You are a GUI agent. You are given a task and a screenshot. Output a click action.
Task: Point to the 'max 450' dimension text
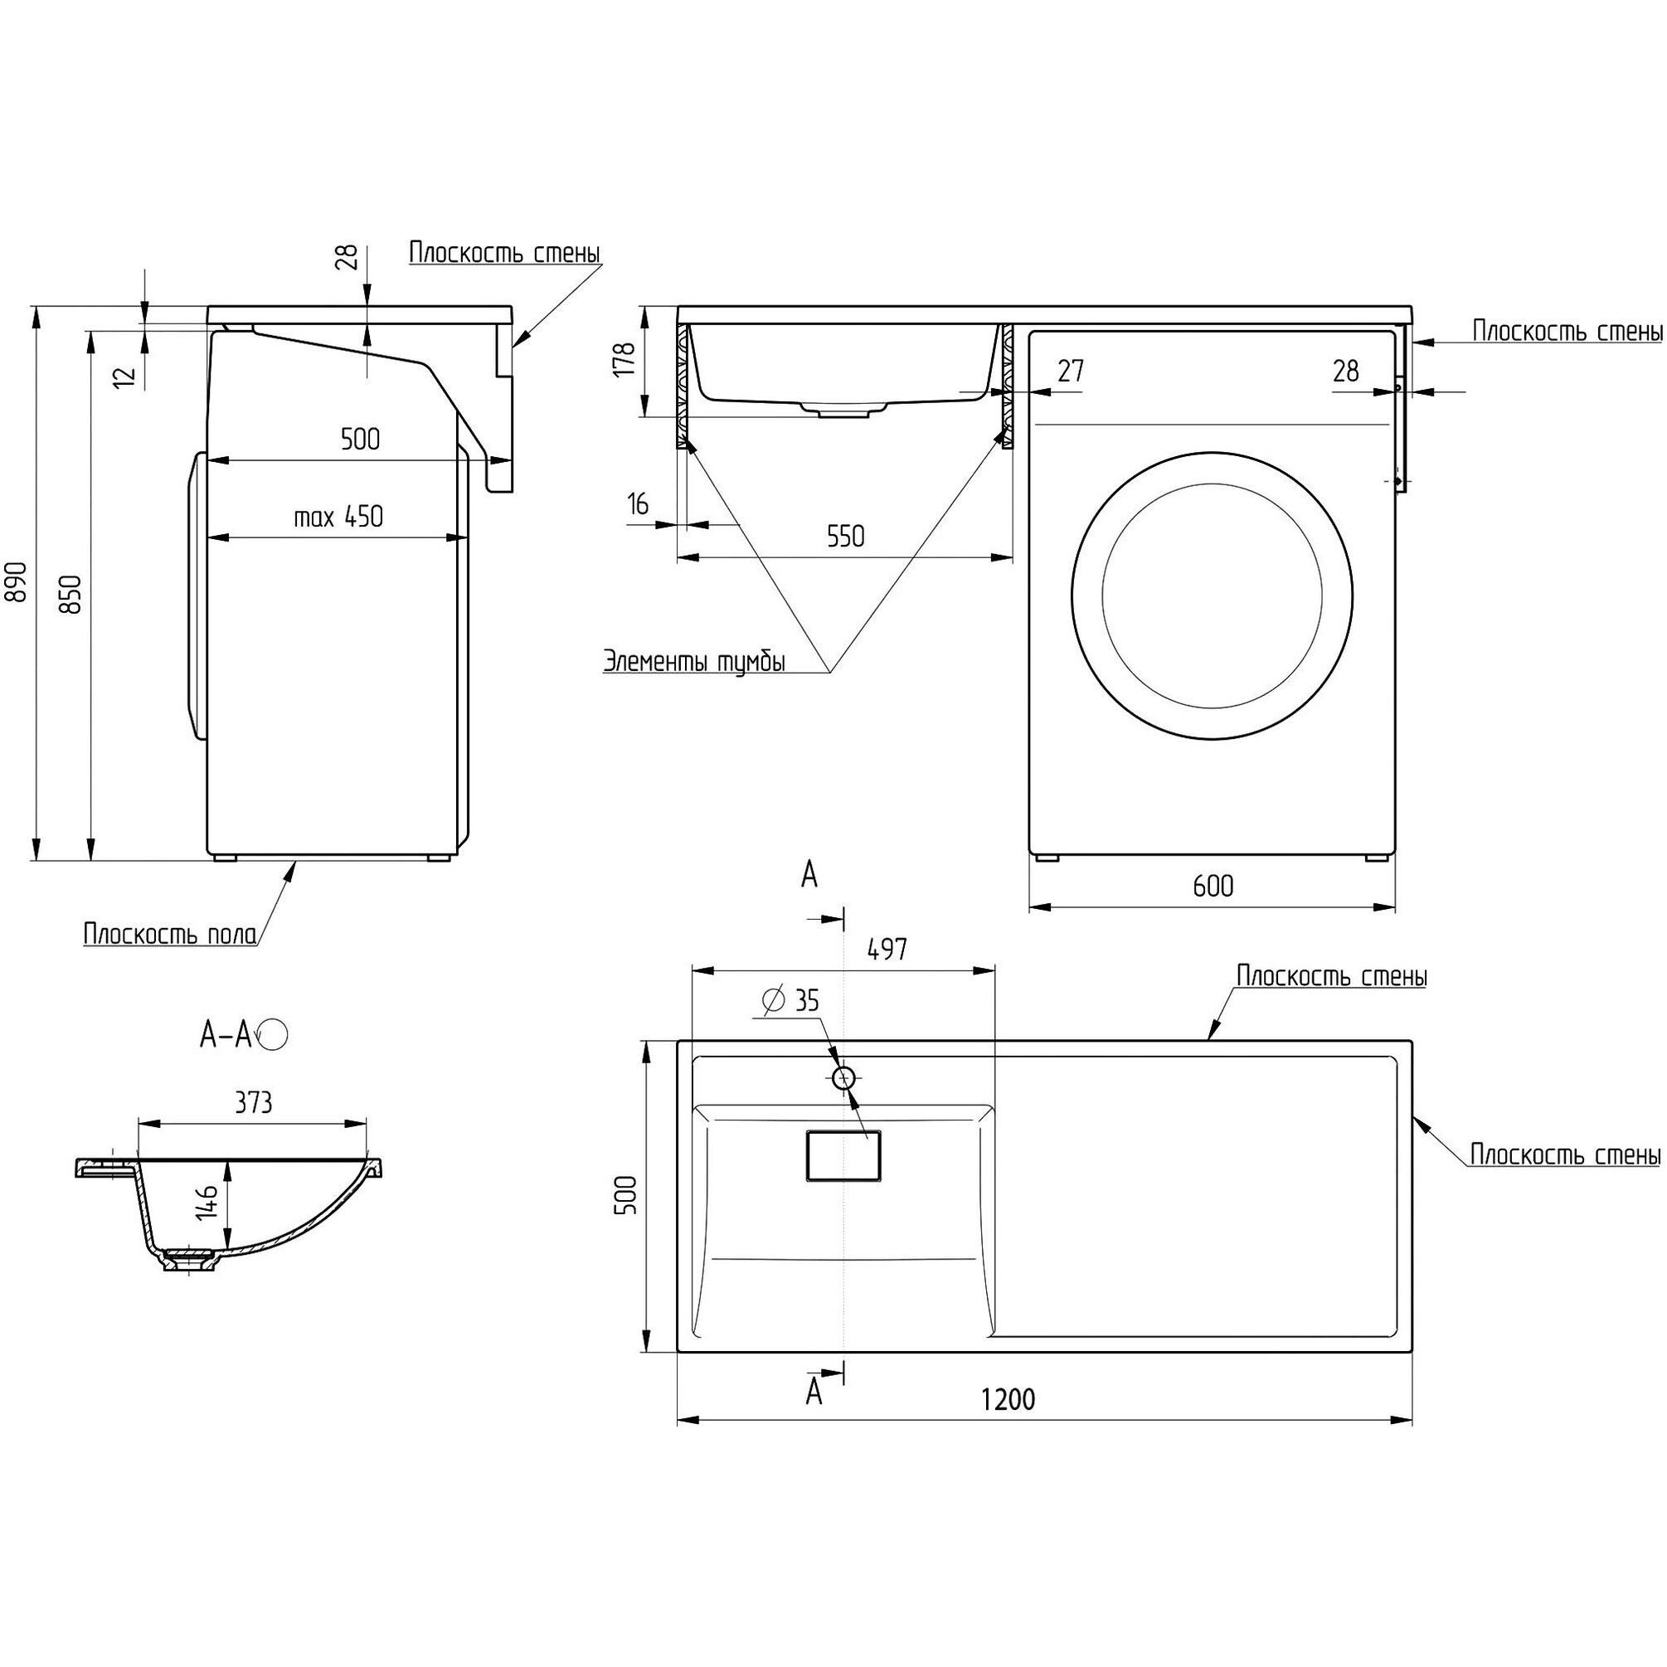338,517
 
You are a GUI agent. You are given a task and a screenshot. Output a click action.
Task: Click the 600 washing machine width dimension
1213,885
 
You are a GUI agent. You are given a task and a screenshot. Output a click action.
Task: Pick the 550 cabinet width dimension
845,537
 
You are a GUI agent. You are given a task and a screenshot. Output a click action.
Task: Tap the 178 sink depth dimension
626,358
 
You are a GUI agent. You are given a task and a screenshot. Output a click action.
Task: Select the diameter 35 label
791,1001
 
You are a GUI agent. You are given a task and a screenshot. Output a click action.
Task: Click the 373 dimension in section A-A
253,1103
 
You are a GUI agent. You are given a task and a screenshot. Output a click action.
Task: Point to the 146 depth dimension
207,1203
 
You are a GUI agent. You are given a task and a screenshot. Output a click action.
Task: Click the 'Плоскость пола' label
170,935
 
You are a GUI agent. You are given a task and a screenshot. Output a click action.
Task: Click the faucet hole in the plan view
843,1077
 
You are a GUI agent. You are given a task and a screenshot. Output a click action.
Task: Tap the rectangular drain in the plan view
843,1154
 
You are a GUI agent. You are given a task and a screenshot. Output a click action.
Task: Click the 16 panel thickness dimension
639,504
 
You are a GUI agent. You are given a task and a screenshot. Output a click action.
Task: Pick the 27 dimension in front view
1070,371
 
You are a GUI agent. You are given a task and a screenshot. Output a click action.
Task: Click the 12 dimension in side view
126,376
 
